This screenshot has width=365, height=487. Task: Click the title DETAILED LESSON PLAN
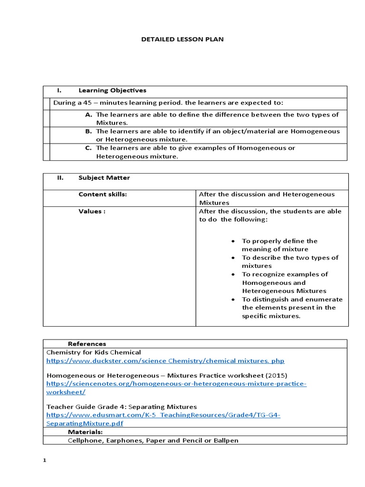pyautogui.click(x=182, y=39)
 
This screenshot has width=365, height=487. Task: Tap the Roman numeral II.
pyautogui.click(x=60, y=178)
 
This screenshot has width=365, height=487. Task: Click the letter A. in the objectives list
pyautogui.click(x=88, y=115)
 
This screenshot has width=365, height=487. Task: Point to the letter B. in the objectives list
pyautogui.click(x=88, y=131)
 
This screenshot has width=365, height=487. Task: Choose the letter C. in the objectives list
pyautogui.click(x=88, y=148)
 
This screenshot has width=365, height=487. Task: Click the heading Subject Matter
pyautogui.click(x=104, y=178)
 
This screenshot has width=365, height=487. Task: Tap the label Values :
pyautogui.click(x=92, y=211)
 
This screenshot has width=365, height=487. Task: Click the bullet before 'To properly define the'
pyautogui.click(x=232, y=241)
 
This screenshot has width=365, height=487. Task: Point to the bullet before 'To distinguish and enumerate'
pyautogui.click(x=232, y=300)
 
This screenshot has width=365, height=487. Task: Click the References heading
pyautogui.click(x=87, y=344)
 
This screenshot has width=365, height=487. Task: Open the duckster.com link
pyautogui.click(x=165, y=361)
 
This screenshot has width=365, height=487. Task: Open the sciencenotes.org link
pyautogui.click(x=176, y=384)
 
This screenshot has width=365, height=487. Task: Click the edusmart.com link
pyautogui.click(x=163, y=415)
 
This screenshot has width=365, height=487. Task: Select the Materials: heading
pyautogui.click(x=85, y=432)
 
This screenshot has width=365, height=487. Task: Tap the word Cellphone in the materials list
pyautogui.click(x=85, y=440)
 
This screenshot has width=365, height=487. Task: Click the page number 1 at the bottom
pyautogui.click(x=44, y=461)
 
